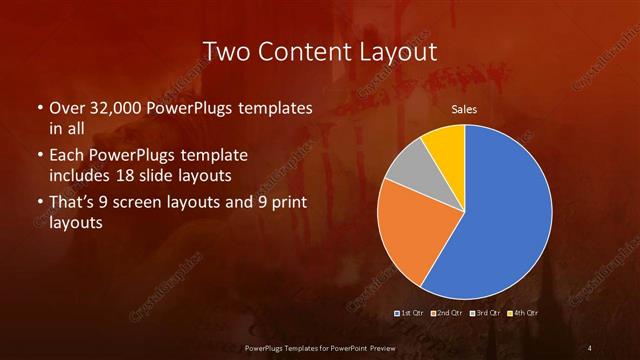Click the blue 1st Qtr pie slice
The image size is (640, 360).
[500, 220]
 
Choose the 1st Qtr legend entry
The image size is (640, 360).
[412, 313]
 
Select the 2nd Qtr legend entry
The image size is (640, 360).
[449, 313]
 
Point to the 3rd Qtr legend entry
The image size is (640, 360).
[486, 313]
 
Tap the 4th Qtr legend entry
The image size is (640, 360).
[523, 313]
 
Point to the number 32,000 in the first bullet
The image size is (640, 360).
[112, 107]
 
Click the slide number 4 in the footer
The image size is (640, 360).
[591, 347]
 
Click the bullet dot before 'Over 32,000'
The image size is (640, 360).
[39, 108]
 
